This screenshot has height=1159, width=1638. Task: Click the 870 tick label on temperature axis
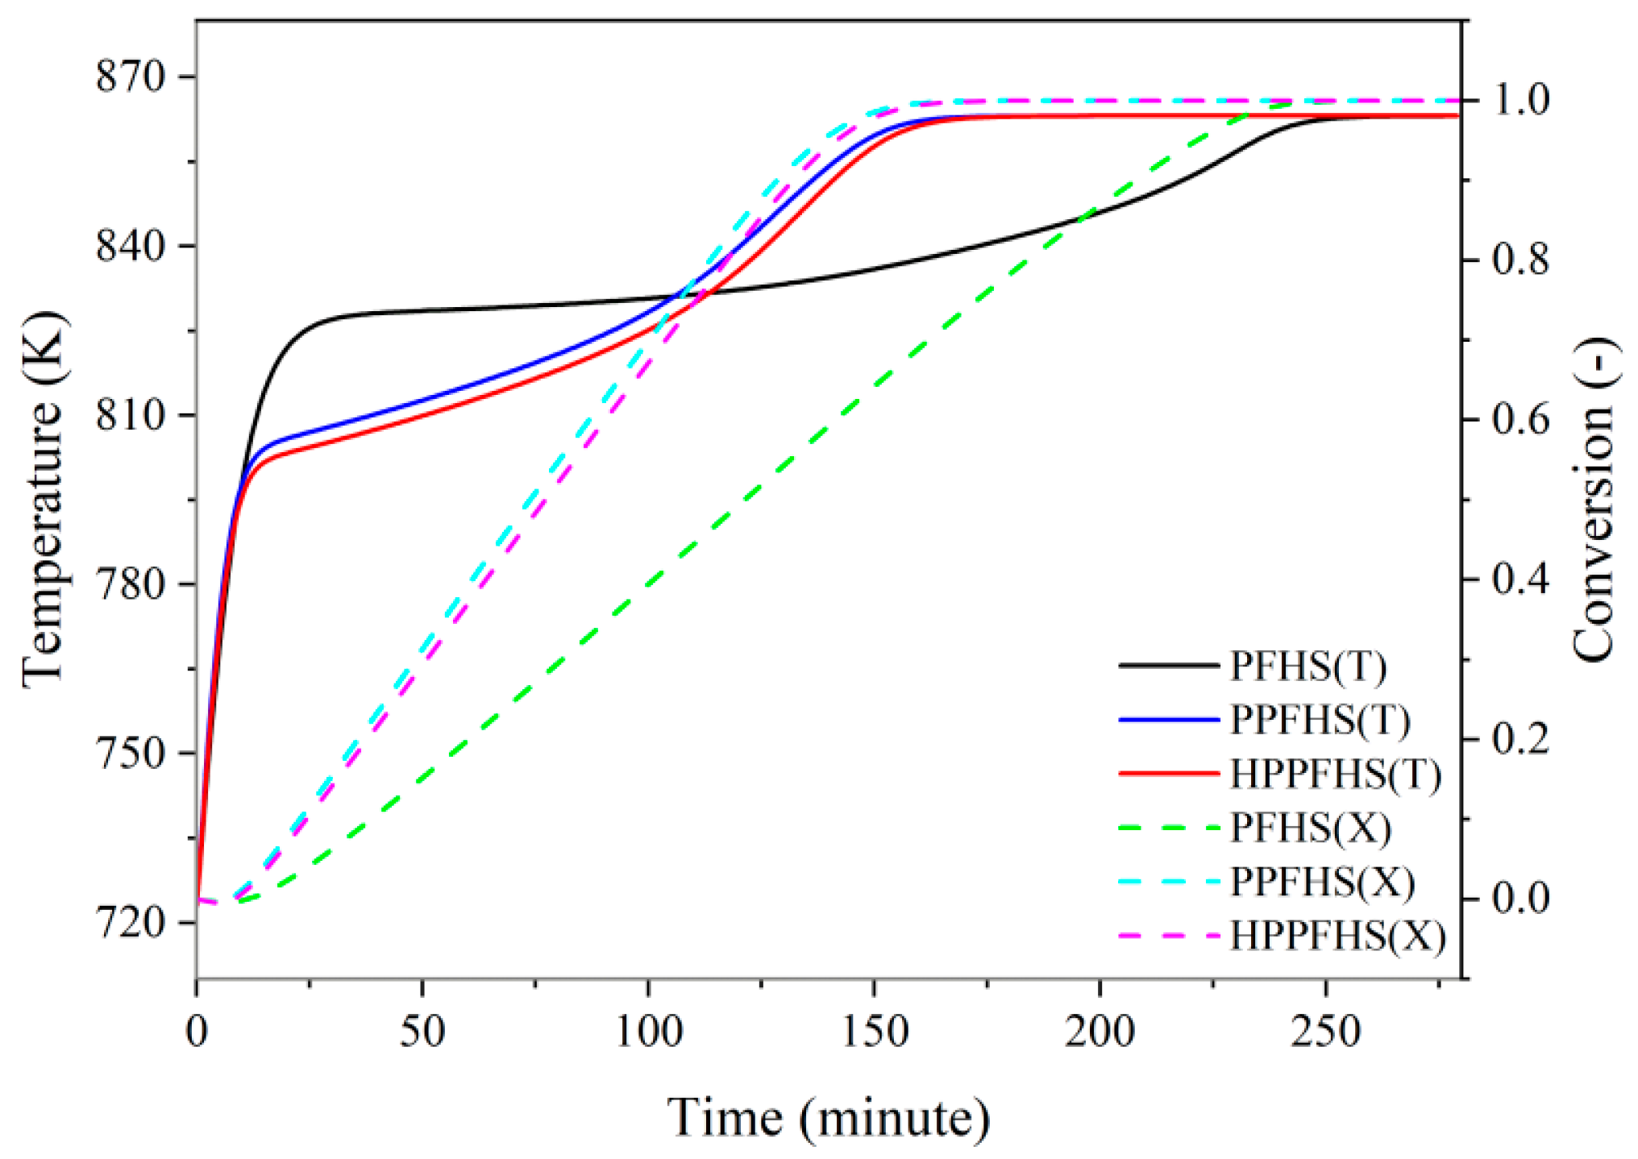pos(130,77)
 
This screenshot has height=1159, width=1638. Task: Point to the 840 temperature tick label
pos(130,246)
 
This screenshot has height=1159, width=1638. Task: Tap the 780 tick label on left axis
pos(130,584)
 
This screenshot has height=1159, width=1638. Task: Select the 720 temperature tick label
pos(130,921)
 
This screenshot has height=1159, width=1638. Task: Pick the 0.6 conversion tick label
pos(1520,419)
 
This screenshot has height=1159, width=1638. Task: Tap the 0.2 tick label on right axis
pos(1520,739)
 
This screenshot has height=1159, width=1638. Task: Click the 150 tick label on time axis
pos(875,1032)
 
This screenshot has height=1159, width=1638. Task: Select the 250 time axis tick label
pos(1326,1032)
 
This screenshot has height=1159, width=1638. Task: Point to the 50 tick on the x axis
pos(422,1032)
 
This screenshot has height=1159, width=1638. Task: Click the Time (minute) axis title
pos(829,1118)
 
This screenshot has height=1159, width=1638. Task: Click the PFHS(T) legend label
pos(1307,666)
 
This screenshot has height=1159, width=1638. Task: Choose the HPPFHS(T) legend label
pos(1335,774)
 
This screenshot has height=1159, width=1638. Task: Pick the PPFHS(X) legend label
pos(1322,882)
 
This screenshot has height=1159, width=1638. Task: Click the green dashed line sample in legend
pos(1169,828)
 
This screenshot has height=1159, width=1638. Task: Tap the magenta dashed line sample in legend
pos(1169,936)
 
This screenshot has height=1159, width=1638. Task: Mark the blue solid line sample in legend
pos(1169,720)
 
